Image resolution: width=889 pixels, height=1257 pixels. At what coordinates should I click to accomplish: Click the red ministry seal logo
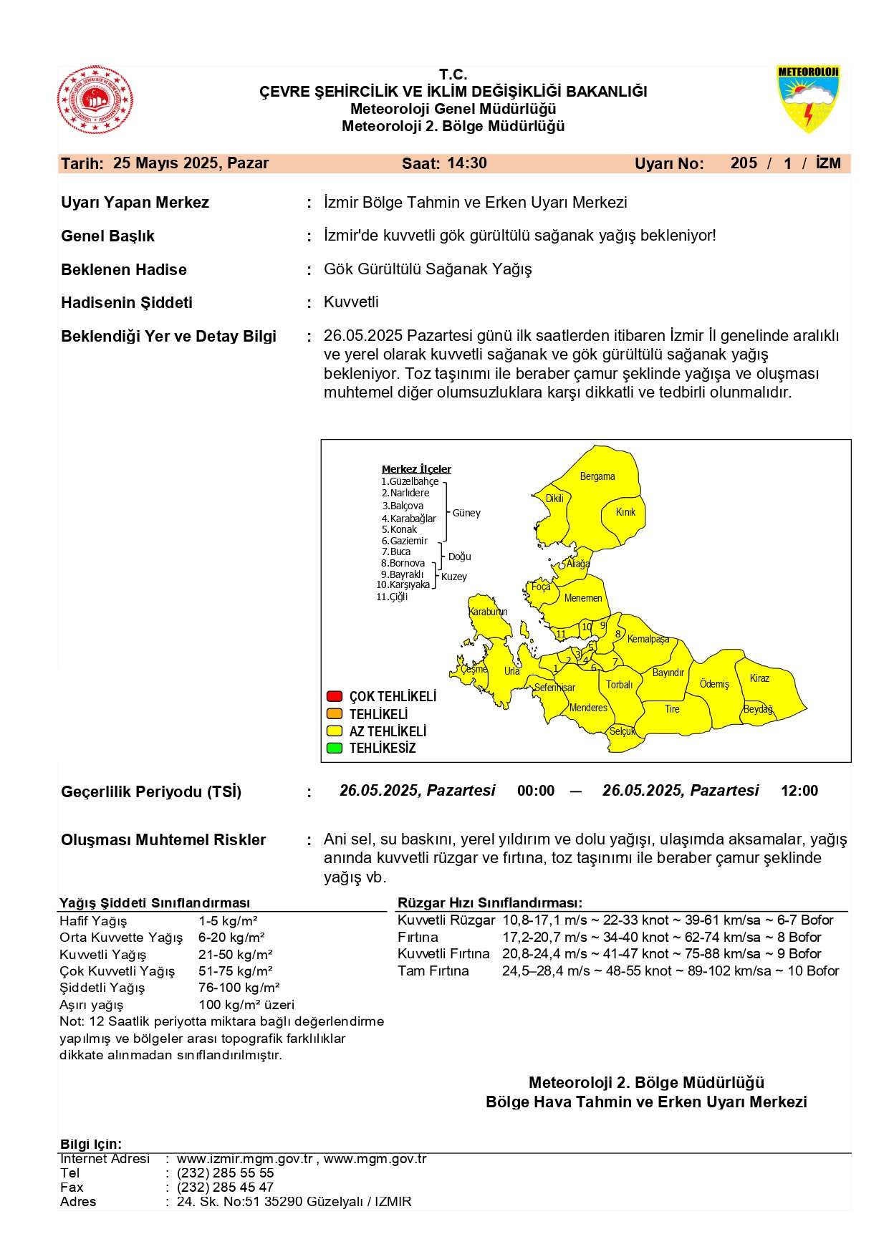(95, 100)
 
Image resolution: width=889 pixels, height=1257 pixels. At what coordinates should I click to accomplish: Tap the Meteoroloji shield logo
(808, 99)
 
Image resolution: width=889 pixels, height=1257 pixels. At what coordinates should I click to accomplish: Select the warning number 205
(744, 163)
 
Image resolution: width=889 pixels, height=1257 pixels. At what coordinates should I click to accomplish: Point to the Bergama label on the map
(597, 476)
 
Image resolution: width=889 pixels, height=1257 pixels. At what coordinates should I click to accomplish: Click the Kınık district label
(625, 512)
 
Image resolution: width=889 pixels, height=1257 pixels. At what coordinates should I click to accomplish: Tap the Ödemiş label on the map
(714, 684)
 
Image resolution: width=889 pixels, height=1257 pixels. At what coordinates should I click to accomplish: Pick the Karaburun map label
(488, 612)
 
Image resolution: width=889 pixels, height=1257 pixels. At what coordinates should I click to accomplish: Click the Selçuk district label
(622, 731)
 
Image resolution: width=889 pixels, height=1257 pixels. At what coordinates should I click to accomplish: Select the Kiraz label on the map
(759, 678)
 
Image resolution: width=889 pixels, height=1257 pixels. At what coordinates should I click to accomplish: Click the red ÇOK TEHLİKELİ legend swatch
(334, 696)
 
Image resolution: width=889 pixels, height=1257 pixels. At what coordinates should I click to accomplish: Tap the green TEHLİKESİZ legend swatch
(334, 748)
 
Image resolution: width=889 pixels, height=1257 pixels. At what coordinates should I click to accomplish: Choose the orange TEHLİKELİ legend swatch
(334, 714)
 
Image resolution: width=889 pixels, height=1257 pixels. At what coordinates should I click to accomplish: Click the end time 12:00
(799, 791)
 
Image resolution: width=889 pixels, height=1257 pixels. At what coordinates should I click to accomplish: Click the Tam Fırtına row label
(433, 971)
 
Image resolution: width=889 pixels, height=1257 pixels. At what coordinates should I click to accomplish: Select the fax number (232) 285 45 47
(225, 1187)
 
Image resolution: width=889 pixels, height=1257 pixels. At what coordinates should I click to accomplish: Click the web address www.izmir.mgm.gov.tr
(244, 1159)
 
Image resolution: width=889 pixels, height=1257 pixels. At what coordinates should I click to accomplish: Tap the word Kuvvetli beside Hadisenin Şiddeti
(351, 302)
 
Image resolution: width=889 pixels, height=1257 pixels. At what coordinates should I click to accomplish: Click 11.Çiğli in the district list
(392, 597)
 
